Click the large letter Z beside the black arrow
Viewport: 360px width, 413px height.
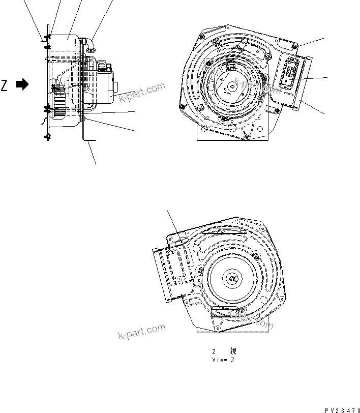[x=5, y=85]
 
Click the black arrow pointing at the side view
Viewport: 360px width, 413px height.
[x=22, y=85]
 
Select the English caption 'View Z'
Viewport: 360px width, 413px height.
[x=223, y=360]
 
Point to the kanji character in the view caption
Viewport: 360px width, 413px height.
[x=233, y=351]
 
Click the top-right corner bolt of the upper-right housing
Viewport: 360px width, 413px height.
[x=295, y=47]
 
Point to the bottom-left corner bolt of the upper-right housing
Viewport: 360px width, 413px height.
[x=182, y=106]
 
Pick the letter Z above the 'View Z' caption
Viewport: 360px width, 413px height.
[x=215, y=351]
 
